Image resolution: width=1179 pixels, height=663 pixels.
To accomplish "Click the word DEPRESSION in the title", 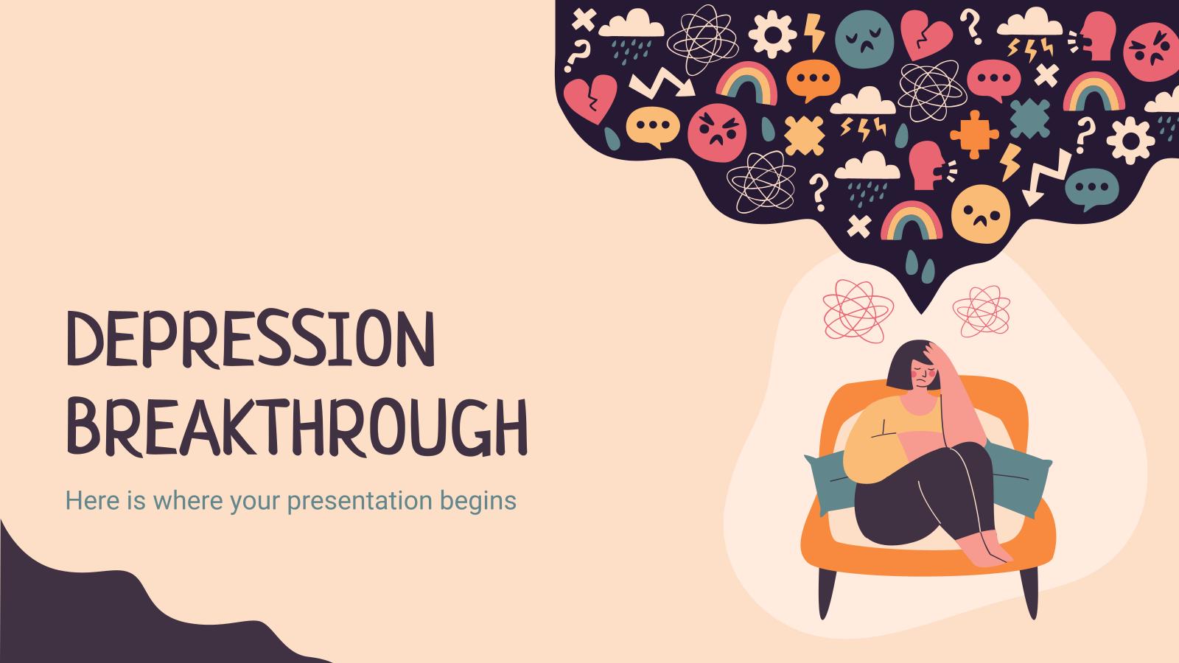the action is [251, 339].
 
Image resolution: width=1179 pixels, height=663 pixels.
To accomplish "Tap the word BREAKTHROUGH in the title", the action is [298, 427].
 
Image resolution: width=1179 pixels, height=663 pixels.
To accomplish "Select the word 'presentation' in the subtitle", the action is [360, 501].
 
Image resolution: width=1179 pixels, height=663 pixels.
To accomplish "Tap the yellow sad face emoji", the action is [981, 214].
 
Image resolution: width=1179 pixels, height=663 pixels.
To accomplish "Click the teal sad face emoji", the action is [864, 39].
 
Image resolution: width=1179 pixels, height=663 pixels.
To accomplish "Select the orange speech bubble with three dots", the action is [814, 80].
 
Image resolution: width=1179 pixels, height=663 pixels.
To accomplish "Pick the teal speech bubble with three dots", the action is [1091, 189].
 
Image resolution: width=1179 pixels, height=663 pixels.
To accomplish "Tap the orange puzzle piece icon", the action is [974, 134].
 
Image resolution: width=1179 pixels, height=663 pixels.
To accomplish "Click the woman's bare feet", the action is [985, 550].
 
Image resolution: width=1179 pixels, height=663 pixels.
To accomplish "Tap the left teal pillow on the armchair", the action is [832, 482].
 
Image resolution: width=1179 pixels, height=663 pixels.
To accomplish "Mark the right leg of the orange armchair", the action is [1029, 593].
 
